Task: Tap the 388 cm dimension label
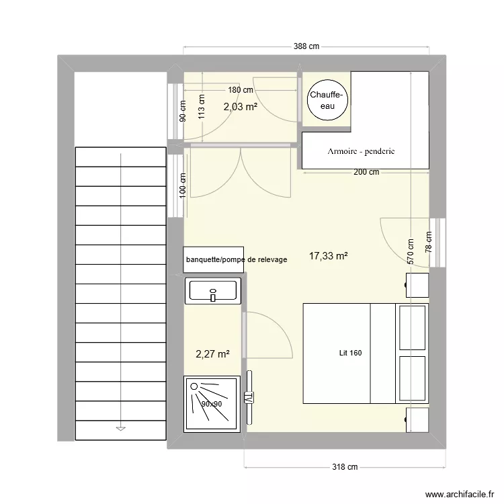tap(306, 46)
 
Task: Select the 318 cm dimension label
tap(345, 467)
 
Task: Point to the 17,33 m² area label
tap(328, 256)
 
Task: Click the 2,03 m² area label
tap(241, 106)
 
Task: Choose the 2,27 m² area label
tap(212, 354)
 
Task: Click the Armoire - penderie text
tap(361, 151)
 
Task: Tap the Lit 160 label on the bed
tap(350, 353)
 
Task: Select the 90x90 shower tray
tap(212, 404)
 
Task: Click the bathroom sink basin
tap(212, 291)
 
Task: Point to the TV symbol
tap(249, 397)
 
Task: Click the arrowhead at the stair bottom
tap(120, 429)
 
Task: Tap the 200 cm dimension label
tap(366, 172)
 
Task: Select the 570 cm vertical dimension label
tap(411, 252)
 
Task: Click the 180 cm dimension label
tap(241, 90)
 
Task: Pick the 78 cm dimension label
tap(429, 242)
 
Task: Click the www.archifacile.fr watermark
tap(460, 494)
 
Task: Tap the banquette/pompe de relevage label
tap(237, 259)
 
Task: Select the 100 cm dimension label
tap(182, 185)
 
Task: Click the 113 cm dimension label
tap(201, 107)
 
